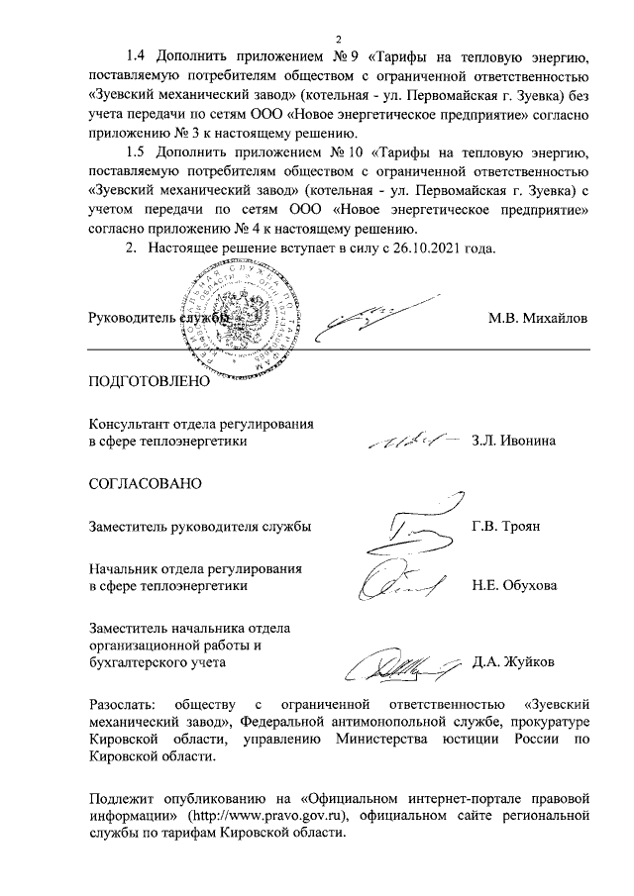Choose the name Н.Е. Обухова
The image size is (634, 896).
[x=514, y=586]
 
